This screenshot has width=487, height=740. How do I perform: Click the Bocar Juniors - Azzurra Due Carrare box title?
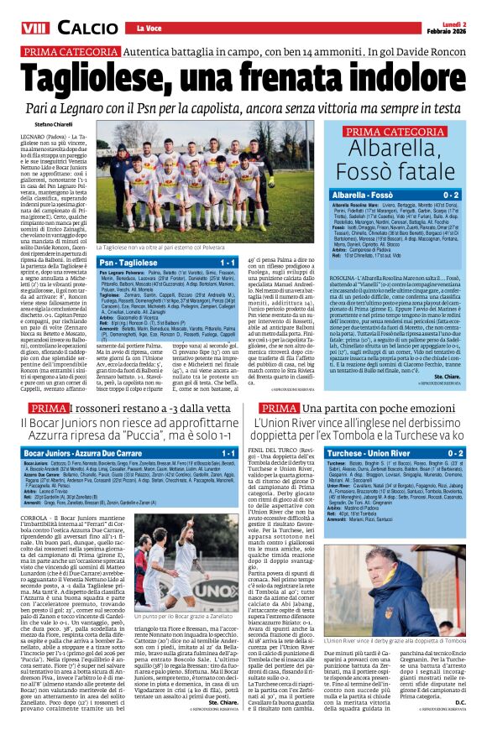pos(92,452)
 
